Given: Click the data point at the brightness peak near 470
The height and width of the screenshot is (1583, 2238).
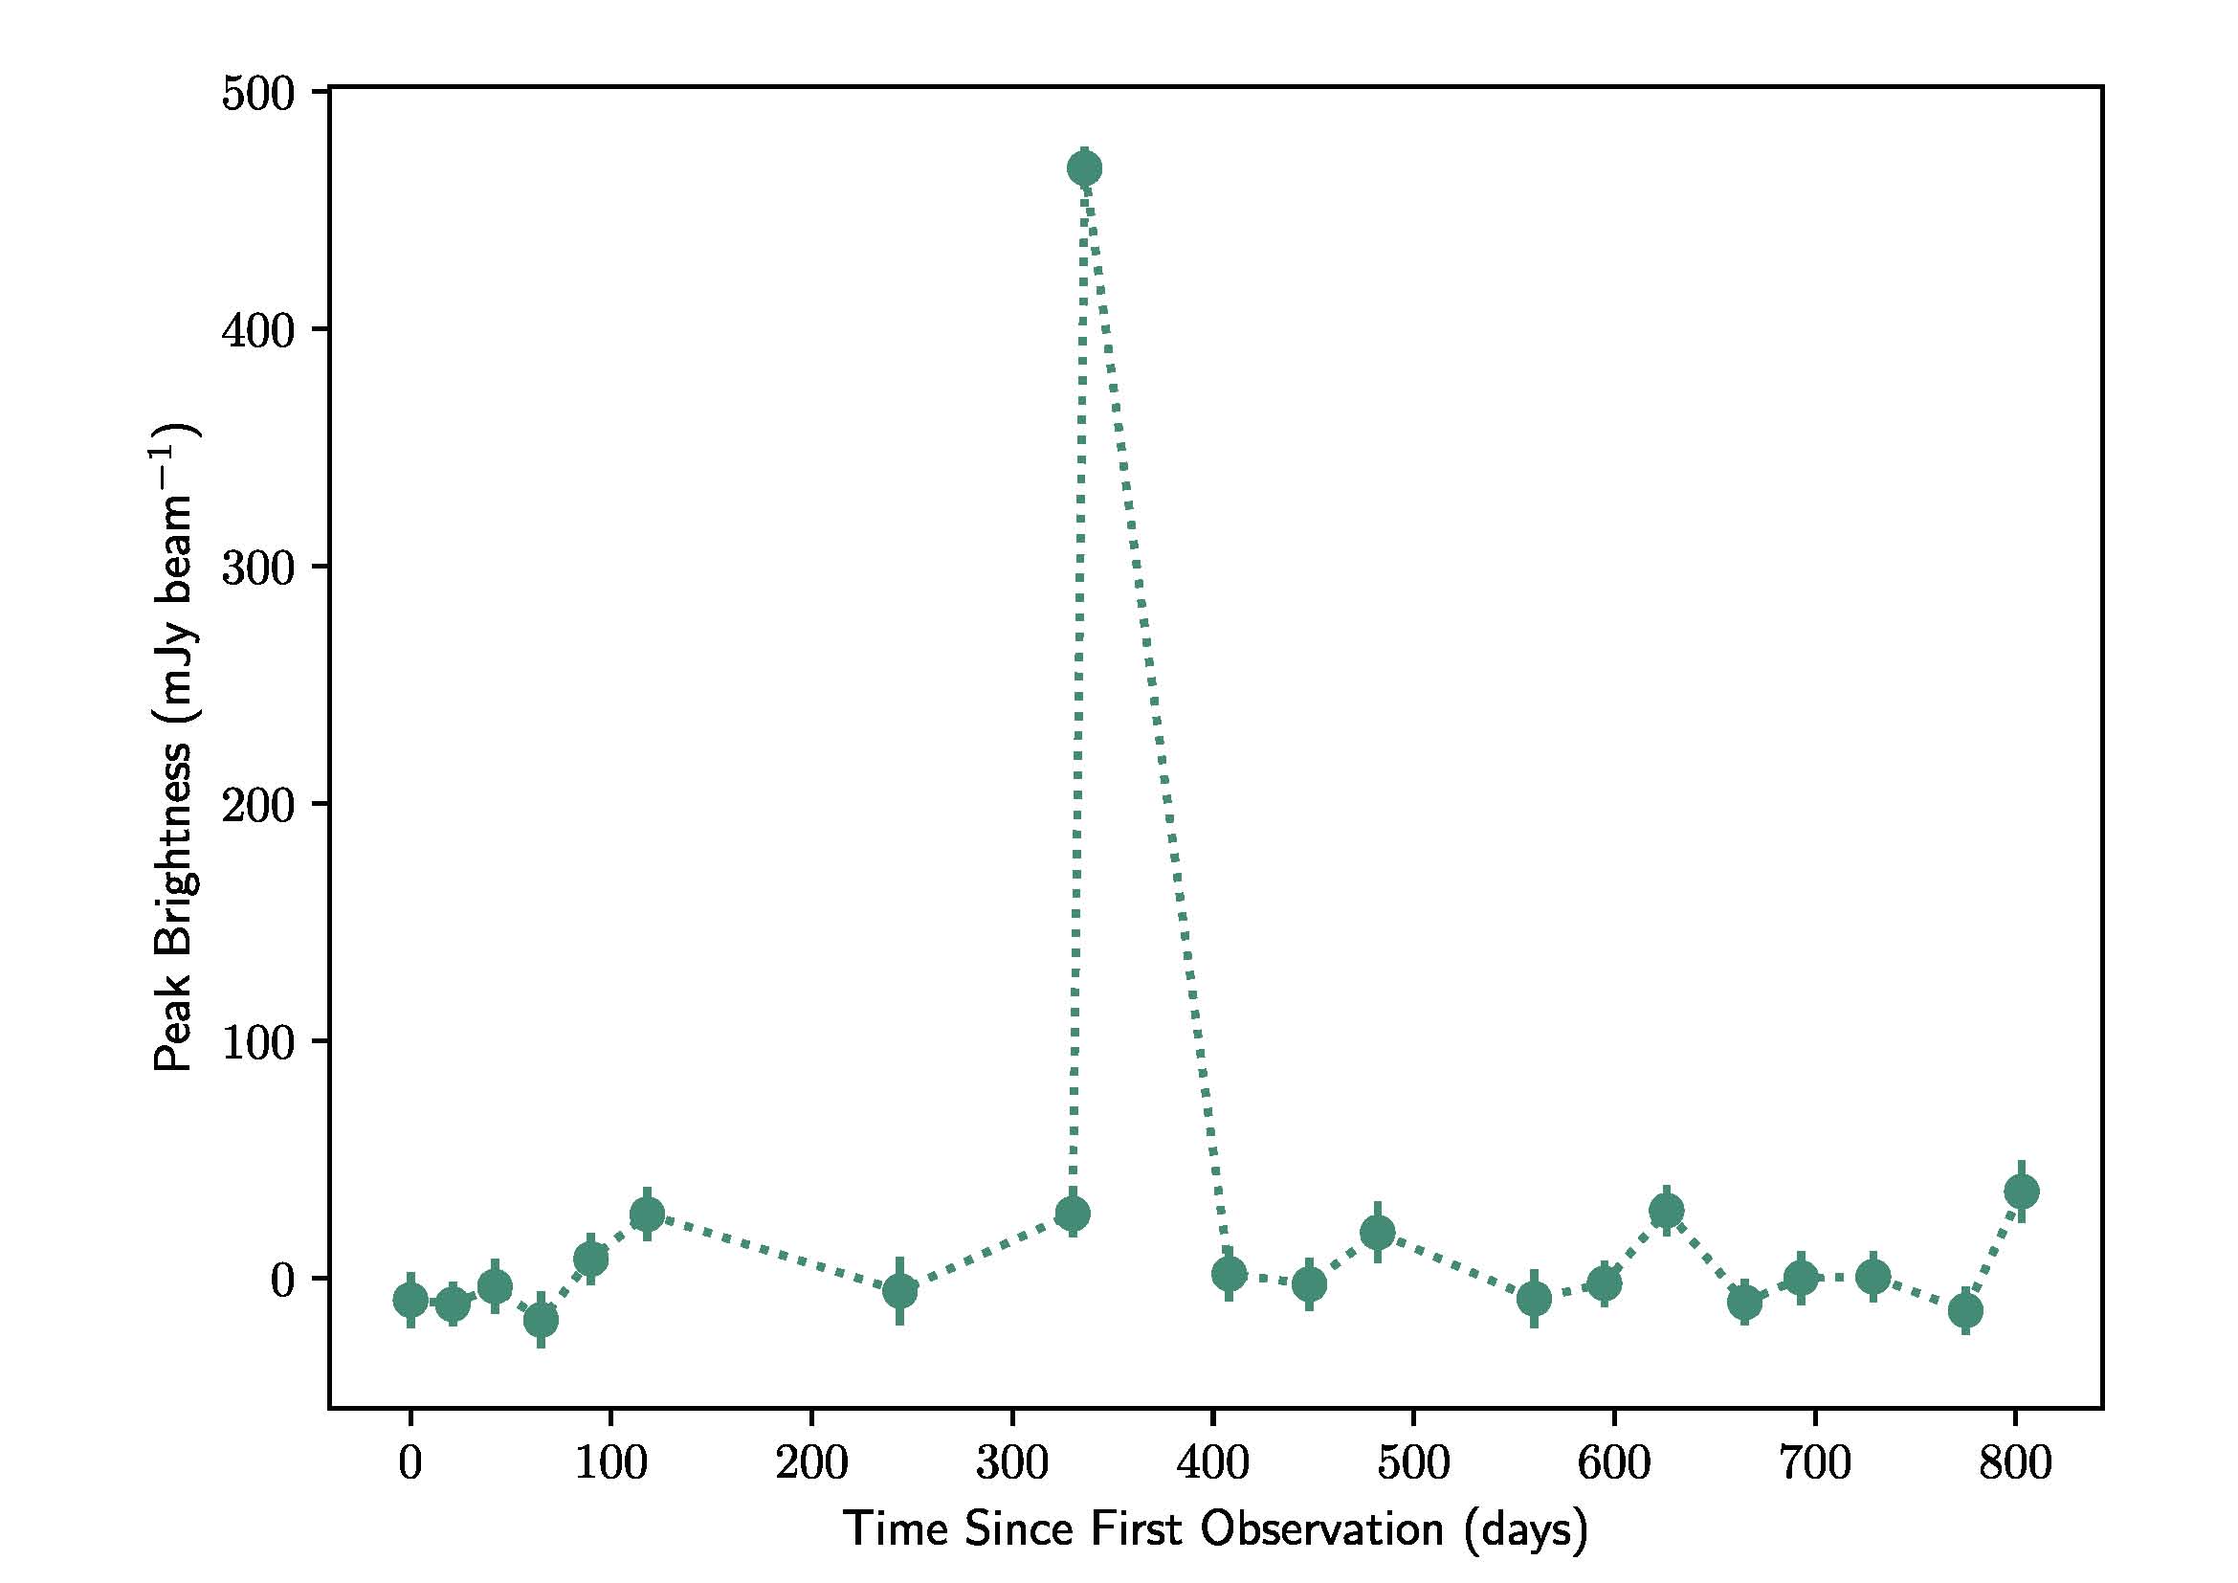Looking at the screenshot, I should tap(1085, 168).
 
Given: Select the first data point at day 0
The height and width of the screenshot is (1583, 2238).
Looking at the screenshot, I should tap(410, 1300).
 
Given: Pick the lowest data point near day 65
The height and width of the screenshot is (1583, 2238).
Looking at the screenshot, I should tap(541, 1320).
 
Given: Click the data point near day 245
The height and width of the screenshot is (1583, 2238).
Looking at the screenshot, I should tap(899, 1291).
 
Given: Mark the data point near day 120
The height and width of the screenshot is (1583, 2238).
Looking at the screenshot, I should tap(647, 1215).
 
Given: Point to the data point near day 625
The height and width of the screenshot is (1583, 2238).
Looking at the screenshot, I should tap(1667, 1212).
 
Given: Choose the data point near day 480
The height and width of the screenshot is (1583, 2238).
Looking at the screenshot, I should tap(1377, 1233).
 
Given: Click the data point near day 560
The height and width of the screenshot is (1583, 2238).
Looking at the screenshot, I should tap(1534, 1299).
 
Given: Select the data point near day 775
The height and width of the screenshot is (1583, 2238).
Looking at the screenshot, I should tap(1965, 1311).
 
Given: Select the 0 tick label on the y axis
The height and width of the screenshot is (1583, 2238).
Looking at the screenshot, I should tap(281, 1280).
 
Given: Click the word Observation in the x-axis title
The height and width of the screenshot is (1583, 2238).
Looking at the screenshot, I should tap(1320, 1528).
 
